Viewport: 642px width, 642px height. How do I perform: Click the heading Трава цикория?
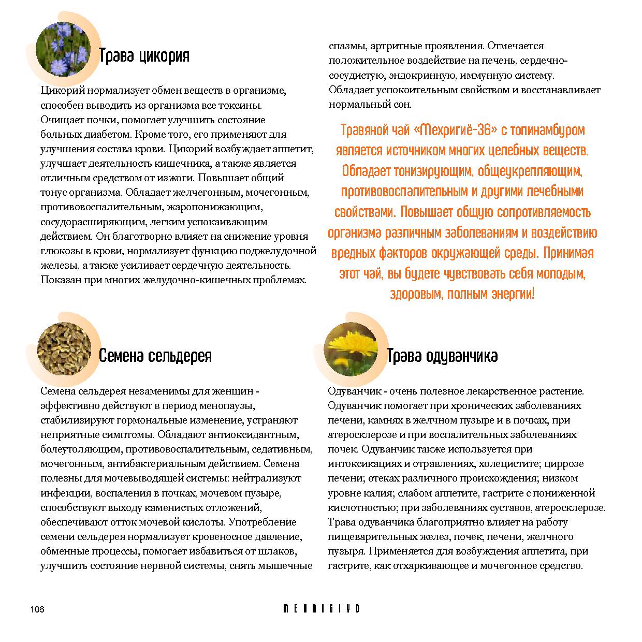click(x=144, y=56)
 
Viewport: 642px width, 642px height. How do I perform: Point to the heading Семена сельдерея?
click(x=155, y=356)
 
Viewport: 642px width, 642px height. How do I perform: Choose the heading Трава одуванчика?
click(x=442, y=356)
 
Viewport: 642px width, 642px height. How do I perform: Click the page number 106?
click(x=37, y=609)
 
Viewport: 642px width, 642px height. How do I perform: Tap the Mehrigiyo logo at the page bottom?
click(x=321, y=608)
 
